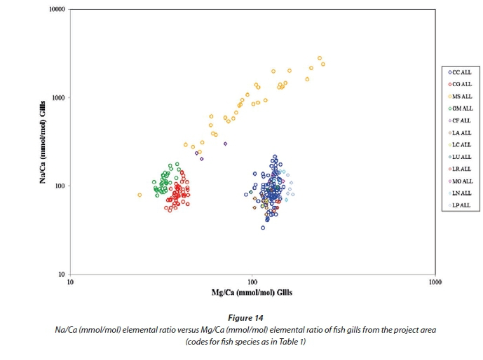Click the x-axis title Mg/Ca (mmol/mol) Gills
[x=252, y=292]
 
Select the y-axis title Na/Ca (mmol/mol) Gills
[x=43, y=143]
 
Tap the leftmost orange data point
[x=140, y=195]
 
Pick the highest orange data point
[x=319, y=58]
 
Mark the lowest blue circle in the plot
[x=263, y=228]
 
